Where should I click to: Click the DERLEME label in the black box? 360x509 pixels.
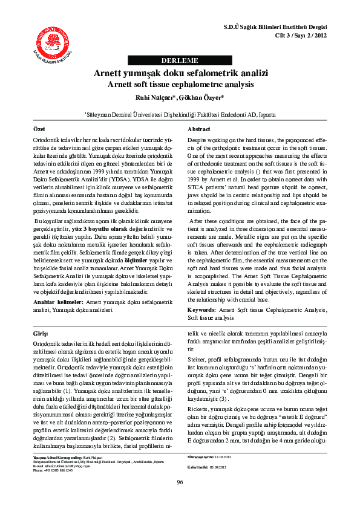(x=180, y=60)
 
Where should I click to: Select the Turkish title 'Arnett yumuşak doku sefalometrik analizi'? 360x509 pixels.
(x=180, y=73)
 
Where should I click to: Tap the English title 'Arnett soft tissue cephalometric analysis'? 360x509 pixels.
(x=180, y=85)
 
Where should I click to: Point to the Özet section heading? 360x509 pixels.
(x=39, y=130)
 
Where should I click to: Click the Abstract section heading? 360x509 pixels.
(x=198, y=130)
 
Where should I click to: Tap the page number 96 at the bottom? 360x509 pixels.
(x=180, y=482)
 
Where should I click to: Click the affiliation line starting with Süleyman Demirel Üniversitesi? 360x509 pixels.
(x=180, y=113)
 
